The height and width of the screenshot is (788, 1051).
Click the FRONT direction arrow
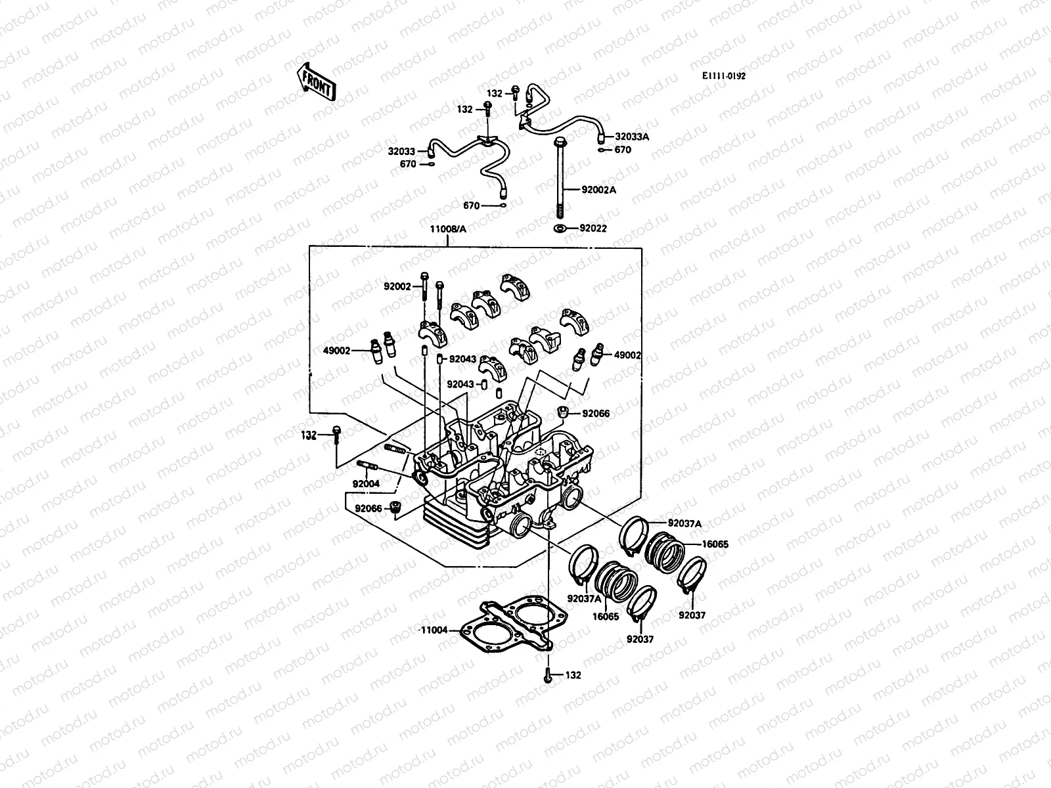point(317,81)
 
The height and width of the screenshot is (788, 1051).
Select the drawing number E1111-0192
point(723,76)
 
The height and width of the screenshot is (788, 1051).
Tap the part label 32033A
point(631,137)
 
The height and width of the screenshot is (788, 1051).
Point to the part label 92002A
point(598,190)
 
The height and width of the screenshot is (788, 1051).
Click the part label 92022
point(593,229)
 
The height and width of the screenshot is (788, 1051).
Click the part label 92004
point(367,484)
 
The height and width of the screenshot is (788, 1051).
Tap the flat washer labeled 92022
point(560,229)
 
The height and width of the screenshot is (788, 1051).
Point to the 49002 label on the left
point(336,351)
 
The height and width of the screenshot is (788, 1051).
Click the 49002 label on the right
point(627,355)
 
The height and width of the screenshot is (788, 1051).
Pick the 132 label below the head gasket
point(573,675)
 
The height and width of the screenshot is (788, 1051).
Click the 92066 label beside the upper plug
point(596,414)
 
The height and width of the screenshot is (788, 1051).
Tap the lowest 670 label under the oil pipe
point(471,206)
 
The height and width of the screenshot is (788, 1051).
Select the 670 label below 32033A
point(623,150)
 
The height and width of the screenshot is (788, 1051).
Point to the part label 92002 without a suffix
point(397,286)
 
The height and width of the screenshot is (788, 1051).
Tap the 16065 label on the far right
point(715,544)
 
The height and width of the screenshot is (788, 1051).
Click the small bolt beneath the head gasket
point(547,674)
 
